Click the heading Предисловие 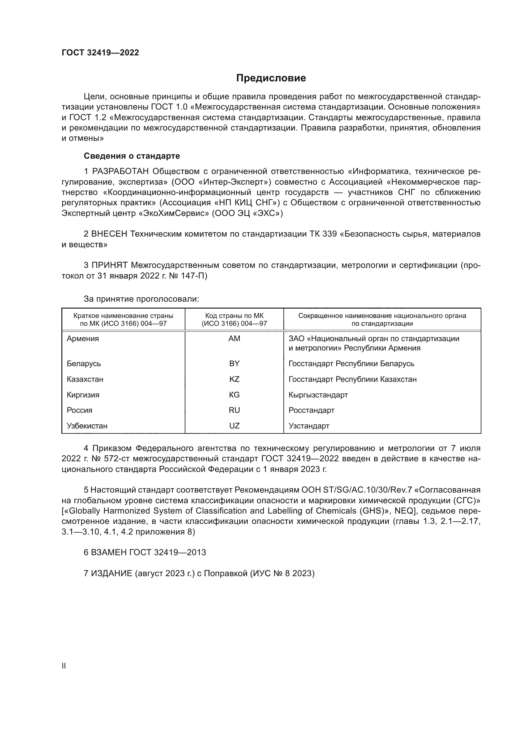click(271, 78)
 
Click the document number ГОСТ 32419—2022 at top click(100, 53)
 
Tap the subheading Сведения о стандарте click(132, 156)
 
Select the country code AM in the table click(234, 339)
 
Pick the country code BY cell click(234, 363)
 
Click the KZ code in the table click(234, 379)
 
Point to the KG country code click(234, 395)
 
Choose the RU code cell click(234, 410)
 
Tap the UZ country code click(234, 426)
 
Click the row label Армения click(83, 339)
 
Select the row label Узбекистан click(87, 426)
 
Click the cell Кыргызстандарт click(318, 395)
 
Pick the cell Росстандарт click(311, 410)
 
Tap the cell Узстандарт click(309, 426)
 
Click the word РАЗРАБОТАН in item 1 click(120, 171)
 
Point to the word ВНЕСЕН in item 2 click(109, 234)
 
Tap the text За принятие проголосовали click(141, 299)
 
